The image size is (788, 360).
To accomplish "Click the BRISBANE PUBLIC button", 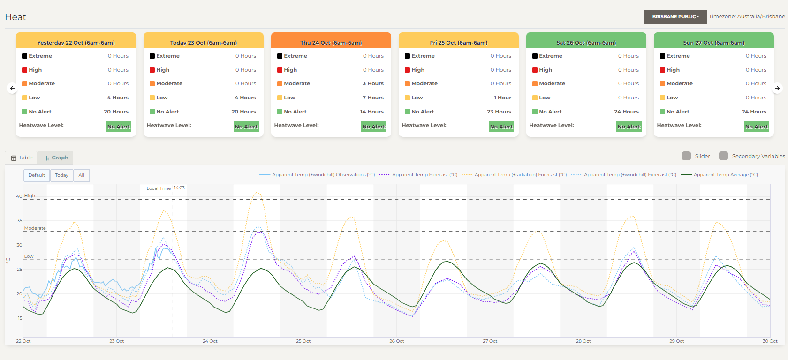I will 675,17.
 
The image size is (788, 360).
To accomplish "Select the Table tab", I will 22,158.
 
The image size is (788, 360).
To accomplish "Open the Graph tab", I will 56,158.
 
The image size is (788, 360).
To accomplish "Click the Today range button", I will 61,175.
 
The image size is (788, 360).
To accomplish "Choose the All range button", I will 81,175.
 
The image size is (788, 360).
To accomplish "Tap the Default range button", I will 37,175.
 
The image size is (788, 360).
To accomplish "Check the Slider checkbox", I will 687,156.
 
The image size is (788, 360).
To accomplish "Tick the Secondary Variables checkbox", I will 724,156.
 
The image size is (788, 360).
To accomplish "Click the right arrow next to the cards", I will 777,88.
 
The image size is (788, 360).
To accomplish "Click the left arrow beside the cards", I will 12,88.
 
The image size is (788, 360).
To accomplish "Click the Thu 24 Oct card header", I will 331,42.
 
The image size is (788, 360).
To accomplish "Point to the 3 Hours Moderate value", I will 373,83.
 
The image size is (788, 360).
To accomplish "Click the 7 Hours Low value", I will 373,97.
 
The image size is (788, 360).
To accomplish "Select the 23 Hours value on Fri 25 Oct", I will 499,112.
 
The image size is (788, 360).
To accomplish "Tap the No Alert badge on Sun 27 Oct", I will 757,127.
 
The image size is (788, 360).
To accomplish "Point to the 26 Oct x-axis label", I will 397,341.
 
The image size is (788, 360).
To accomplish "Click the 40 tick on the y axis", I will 19,196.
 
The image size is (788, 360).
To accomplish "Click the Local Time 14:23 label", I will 166,188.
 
